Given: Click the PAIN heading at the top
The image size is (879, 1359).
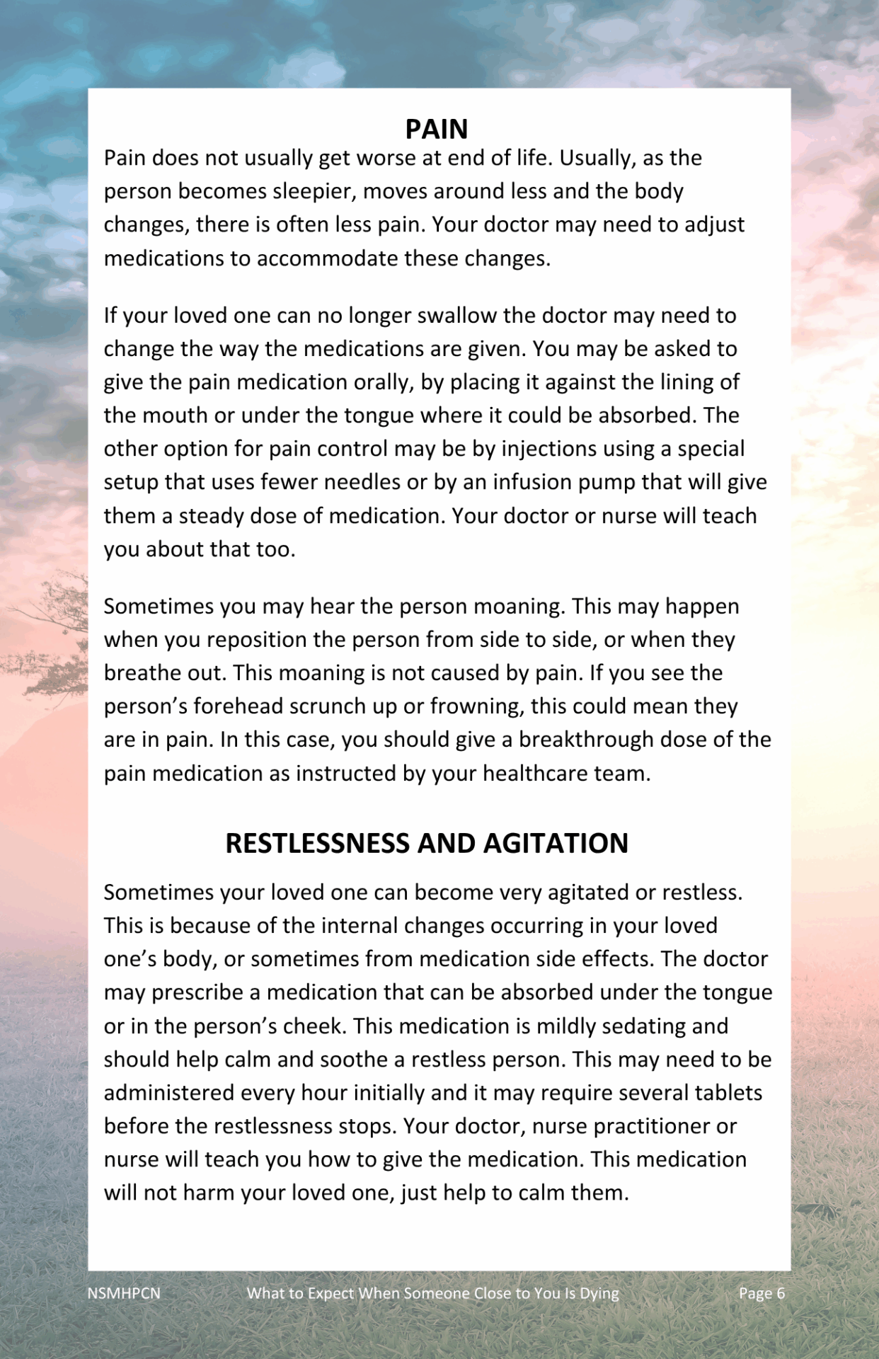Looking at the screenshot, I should [x=437, y=129].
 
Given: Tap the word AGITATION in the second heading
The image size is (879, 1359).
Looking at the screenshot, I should [x=556, y=843].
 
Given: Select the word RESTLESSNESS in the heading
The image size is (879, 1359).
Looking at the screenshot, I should [x=316, y=843].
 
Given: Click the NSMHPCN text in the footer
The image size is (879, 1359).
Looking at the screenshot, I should [x=124, y=1293].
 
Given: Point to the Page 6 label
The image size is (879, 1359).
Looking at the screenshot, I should [x=762, y=1293].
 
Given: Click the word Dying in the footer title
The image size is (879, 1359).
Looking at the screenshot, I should [x=599, y=1293].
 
